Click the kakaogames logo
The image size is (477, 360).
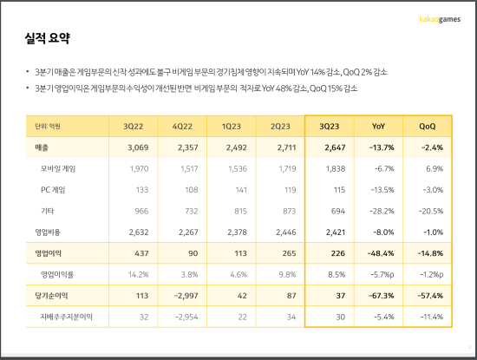pos(440,19)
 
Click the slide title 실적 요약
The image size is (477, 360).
pos(48,38)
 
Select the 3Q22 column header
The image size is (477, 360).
pos(133,127)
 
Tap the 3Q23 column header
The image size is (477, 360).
pos(330,127)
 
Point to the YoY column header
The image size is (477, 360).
pos(378,127)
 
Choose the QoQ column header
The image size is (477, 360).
pos(427,127)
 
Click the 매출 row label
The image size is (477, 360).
pos(42,147)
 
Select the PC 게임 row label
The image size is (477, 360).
pos(53,190)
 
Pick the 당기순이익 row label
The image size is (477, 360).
pos(51,296)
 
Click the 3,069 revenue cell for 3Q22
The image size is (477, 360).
pos(138,147)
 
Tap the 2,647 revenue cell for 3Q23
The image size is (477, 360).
pos(335,147)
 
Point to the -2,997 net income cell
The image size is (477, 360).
pos(186,296)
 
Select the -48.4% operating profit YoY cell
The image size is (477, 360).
pos(381,253)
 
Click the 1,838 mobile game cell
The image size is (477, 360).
pos(336,168)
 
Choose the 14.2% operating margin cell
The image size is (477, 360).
pos(139,274)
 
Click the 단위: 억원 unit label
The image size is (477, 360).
pos(48,127)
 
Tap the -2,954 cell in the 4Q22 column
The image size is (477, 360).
pos(186,317)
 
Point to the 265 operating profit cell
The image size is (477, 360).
pos(289,253)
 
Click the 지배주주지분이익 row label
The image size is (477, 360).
pos(66,317)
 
